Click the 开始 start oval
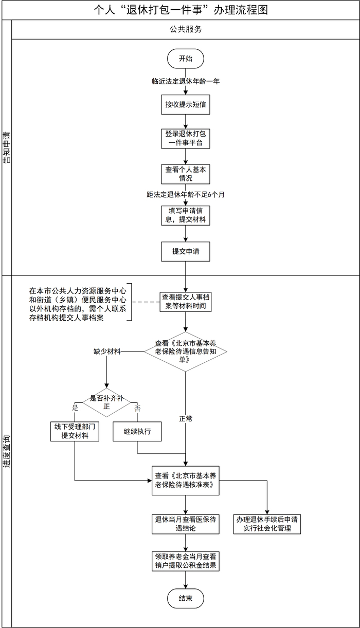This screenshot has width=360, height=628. (x=186, y=59)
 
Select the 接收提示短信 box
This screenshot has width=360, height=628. (x=186, y=104)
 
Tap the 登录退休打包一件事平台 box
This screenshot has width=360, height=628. (x=186, y=138)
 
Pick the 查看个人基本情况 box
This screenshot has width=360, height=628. (x=186, y=174)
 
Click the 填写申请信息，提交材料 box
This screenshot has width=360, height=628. (x=186, y=215)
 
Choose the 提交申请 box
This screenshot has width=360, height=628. (x=186, y=251)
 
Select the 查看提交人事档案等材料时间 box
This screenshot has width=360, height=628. (x=186, y=301)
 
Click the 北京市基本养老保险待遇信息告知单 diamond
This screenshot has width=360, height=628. (x=186, y=352)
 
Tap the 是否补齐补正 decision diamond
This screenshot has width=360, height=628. (x=107, y=402)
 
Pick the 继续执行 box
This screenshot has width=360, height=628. (x=137, y=432)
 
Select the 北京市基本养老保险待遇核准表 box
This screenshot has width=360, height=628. (x=186, y=481)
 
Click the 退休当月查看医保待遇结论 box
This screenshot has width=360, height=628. (x=186, y=524)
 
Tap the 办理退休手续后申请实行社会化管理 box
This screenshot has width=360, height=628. (x=267, y=524)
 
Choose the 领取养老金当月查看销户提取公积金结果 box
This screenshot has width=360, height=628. (x=186, y=561)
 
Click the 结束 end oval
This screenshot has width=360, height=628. (x=186, y=598)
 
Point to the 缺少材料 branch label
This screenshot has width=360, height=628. (x=107, y=352)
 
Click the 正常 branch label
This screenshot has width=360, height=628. (x=186, y=418)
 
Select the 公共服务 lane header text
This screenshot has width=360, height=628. (x=186, y=29)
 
